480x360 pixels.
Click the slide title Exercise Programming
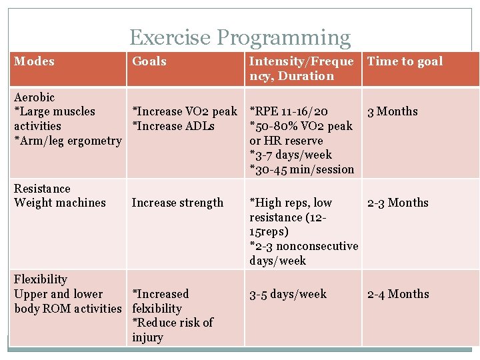click(239, 38)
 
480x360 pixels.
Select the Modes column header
click(35, 61)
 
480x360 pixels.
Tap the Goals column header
click(149, 61)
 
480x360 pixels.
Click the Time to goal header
click(405, 61)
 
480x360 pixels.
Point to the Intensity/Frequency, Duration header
click(301, 69)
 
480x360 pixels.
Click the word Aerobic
click(35, 97)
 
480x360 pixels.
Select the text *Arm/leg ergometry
click(68, 141)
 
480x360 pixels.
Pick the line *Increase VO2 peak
click(185, 111)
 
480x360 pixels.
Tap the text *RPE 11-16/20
click(288, 111)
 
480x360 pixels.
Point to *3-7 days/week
click(291, 155)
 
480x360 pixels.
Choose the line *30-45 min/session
click(301, 169)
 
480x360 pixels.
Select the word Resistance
click(42, 189)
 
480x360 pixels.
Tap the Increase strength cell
click(177, 203)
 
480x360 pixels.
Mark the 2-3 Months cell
click(398, 203)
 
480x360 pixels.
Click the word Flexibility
click(41, 279)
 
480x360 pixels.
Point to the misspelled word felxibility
click(157, 309)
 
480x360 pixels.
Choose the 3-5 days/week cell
click(288, 294)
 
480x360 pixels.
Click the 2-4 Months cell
click(398, 294)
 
